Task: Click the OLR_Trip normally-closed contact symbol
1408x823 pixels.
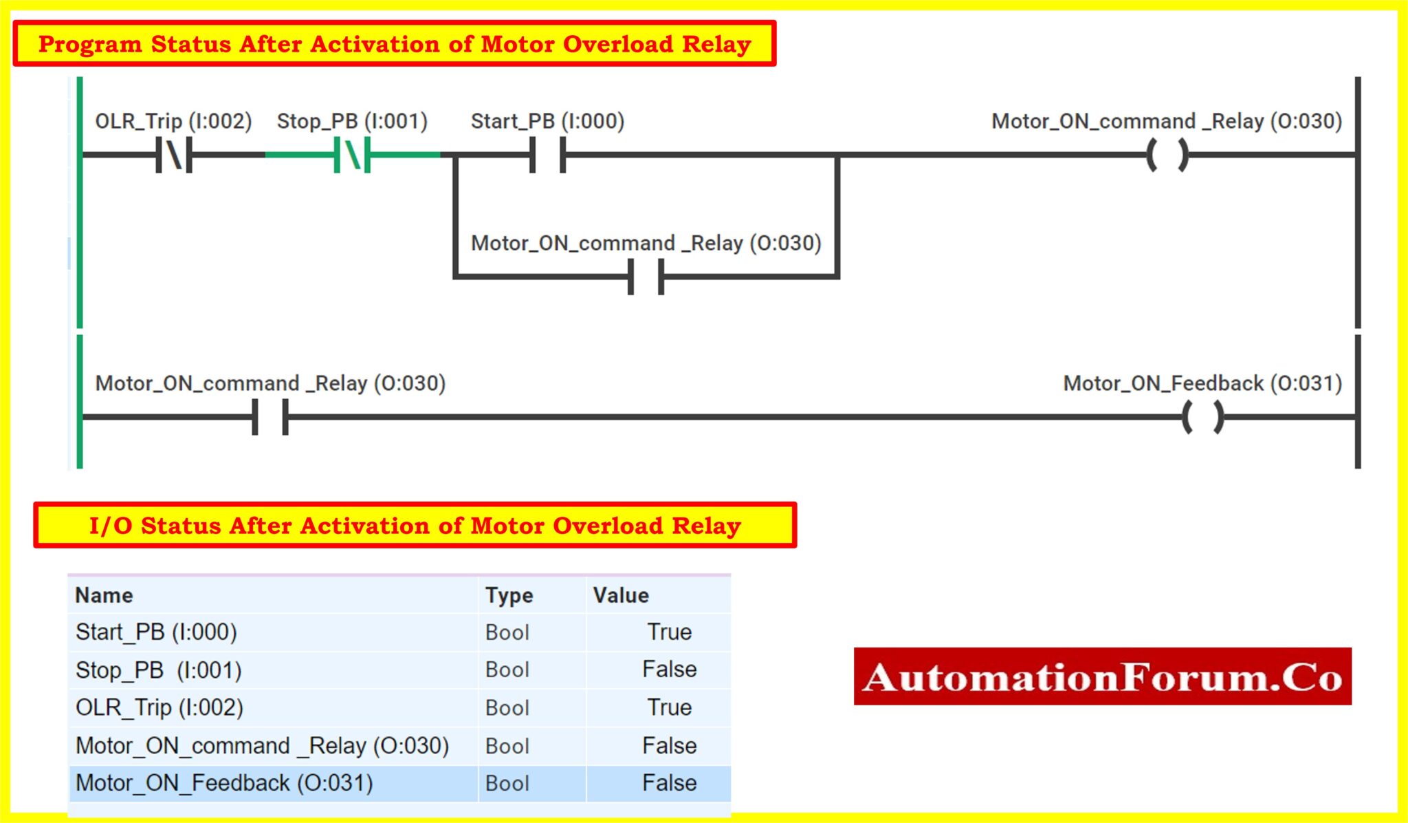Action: (x=174, y=155)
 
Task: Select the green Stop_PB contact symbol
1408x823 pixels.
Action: (x=352, y=155)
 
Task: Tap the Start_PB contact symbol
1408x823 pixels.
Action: (x=547, y=155)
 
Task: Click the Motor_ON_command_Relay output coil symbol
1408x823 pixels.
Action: (x=1167, y=155)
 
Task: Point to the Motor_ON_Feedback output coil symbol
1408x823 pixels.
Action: (x=1202, y=417)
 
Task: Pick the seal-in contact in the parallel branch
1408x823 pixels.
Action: (x=646, y=277)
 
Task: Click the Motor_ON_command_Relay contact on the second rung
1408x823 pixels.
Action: (x=270, y=417)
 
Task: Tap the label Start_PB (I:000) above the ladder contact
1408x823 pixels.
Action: (x=547, y=121)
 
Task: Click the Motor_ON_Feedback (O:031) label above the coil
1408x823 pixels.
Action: (x=1202, y=383)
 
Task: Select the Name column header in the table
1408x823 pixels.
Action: (x=104, y=595)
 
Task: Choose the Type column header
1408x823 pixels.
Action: (x=509, y=595)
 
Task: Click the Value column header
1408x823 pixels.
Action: (x=621, y=595)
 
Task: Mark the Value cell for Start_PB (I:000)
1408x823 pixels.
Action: (x=669, y=632)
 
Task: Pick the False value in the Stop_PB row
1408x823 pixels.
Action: (x=669, y=670)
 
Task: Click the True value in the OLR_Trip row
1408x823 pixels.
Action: (x=669, y=707)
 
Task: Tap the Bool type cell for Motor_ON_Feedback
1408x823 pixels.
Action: (x=507, y=783)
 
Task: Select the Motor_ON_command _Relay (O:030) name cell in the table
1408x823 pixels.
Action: (x=262, y=746)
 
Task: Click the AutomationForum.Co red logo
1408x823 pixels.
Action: (x=1102, y=676)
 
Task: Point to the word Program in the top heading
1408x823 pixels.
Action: (x=89, y=44)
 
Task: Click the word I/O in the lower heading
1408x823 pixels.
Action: (x=110, y=526)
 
